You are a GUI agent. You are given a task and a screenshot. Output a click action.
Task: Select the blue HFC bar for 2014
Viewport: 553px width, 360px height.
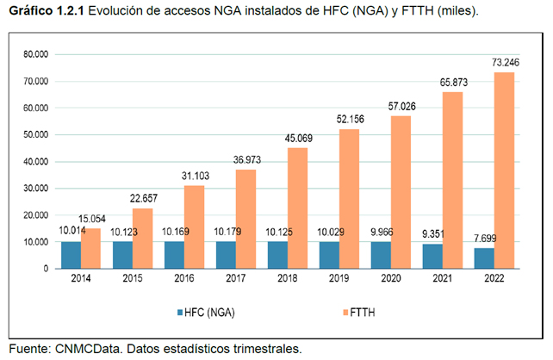[71, 255]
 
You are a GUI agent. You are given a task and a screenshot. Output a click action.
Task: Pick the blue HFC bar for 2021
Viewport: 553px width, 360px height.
[433, 256]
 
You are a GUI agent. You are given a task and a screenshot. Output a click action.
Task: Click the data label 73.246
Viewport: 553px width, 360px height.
[505, 64]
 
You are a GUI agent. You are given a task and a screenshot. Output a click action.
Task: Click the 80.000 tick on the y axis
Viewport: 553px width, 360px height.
[35, 55]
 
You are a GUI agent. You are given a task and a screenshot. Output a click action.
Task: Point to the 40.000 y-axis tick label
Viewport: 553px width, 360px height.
[35, 162]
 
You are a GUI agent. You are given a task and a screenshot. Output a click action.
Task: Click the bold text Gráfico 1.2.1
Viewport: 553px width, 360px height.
[44, 11]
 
